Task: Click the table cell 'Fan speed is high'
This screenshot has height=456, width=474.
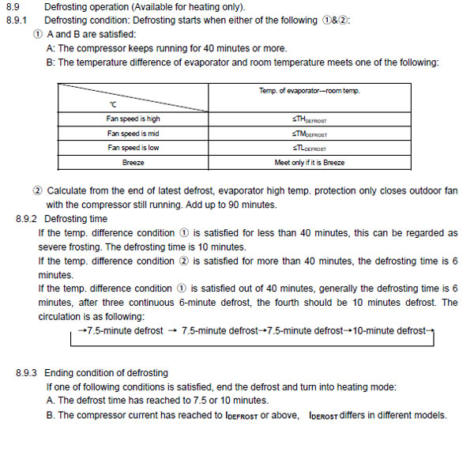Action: coord(134,119)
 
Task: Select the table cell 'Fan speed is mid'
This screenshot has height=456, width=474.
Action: coord(134,134)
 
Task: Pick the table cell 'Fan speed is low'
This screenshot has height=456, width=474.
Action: coord(134,148)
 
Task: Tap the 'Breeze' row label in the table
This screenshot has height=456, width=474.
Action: coord(134,162)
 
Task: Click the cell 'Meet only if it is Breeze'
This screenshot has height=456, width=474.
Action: coord(310,162)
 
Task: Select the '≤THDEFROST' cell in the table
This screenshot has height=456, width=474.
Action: coord(310,119)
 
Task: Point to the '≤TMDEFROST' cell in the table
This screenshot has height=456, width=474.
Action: coord(310,134)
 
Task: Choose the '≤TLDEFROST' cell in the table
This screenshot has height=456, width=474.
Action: coord(310,148)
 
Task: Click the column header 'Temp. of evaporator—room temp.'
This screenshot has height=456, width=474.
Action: coord(310,91)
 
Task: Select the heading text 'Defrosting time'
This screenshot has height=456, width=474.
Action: coord(76,218)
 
